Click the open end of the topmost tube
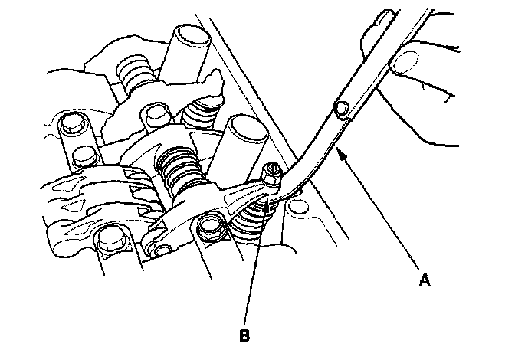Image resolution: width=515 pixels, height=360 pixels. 190,35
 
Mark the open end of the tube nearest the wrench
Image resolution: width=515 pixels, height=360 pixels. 245,126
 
